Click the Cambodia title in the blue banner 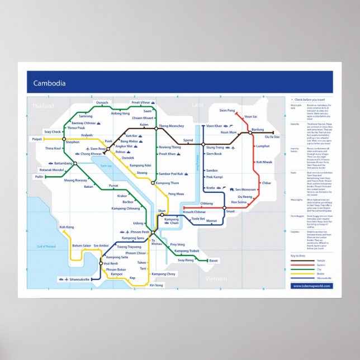point(49,84)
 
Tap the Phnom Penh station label point(138,232)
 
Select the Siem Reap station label point(98,149)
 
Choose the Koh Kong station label point(67,227)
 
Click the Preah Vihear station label point(141,103)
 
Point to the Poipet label point(37,139)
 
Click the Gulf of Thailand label point(46,247)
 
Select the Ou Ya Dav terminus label point(272,137)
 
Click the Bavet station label point(214,260)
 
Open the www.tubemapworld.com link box point(311,286)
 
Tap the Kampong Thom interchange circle point(153,183)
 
